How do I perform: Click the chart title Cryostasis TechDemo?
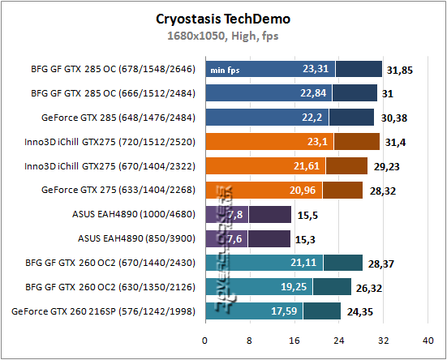coord(223,18)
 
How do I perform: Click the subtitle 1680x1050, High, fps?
coord(223,35)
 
